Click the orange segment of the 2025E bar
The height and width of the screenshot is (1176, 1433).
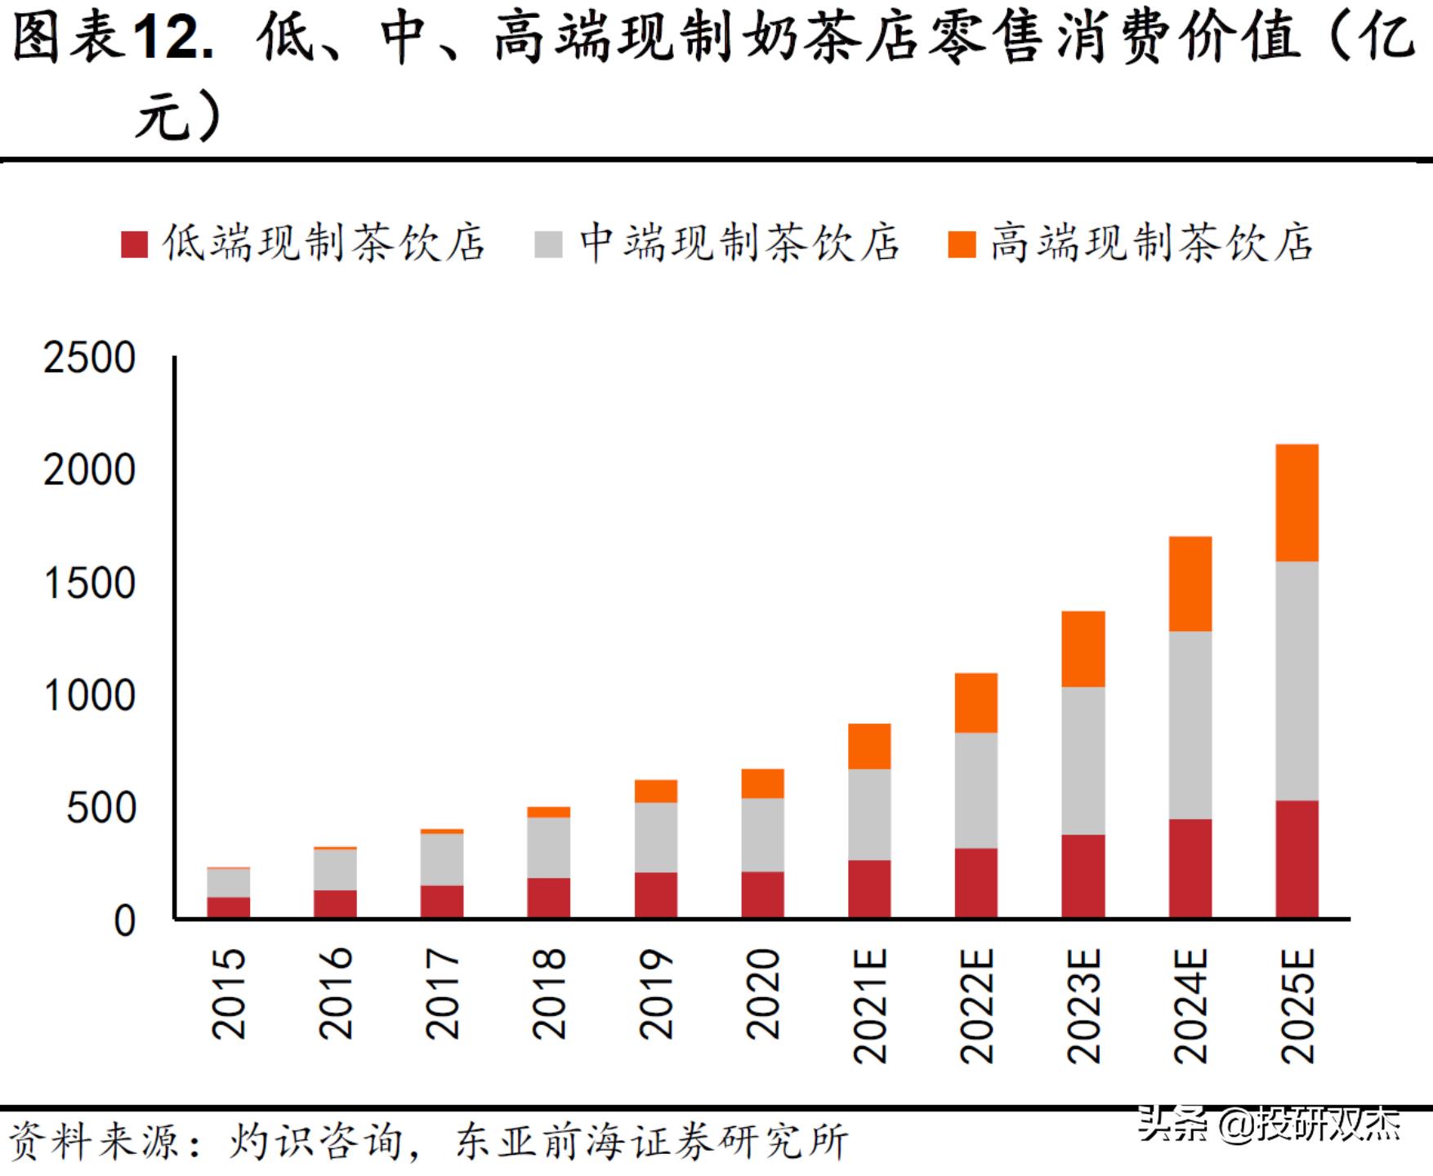tap(1297, 502)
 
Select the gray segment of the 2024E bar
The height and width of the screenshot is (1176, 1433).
tap(1190, 724)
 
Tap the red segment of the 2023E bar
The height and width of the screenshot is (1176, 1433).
tap(1083, 875)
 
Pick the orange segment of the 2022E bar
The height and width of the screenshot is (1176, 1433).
tap(976, 702)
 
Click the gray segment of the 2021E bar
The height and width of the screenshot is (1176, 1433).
tap(869, 814)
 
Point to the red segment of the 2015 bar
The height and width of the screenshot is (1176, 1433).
tap(229, 907)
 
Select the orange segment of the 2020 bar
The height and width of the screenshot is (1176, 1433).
tap(763, 783)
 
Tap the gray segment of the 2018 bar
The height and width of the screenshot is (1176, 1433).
tap(549, 847)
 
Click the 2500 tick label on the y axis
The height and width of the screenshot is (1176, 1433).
tap(89, 359)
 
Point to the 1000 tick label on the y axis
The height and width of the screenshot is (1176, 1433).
tap(89, 697)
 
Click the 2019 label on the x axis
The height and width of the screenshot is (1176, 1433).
tap(656, 993)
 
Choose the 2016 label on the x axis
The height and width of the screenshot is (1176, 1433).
tap(336, 993)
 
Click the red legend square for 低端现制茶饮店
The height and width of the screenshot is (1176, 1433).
tap(134, 244)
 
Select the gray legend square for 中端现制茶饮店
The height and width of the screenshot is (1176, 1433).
tap(549, 244)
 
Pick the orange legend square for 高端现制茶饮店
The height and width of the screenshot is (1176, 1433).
tap(962, 244)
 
